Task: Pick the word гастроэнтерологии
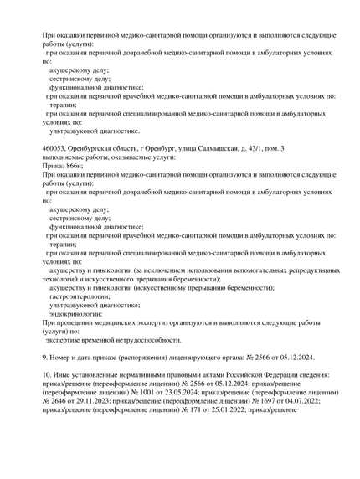click(79, 296)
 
